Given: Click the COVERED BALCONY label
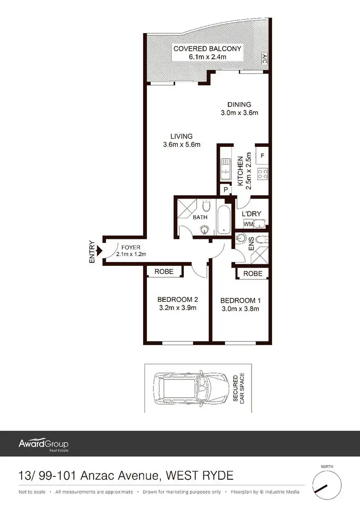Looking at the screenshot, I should [x=207, y=49].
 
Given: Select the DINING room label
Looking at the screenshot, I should [x=239, y=105].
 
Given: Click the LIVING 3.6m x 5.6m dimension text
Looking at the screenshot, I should [x=182, y=144].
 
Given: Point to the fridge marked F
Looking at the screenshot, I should [x=262, y=155].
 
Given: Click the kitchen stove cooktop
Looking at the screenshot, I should [x=262, y=174].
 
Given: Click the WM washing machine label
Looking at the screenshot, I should [x=248, y=224].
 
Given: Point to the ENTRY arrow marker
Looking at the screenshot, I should [x=99, y=250].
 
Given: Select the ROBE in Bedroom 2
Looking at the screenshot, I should [x=164, y=272].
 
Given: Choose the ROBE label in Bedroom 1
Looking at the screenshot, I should [x=253, y=273].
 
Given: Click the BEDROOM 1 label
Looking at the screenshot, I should [x=240, y=301].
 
